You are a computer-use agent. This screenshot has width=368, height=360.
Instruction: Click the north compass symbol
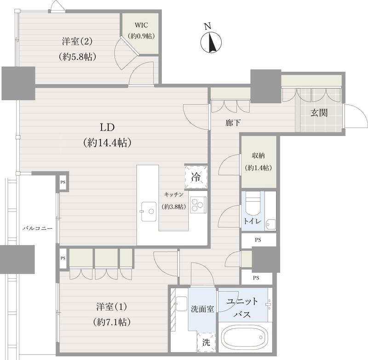click(211, 42)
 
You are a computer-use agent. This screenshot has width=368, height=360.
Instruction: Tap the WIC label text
click(141, 25)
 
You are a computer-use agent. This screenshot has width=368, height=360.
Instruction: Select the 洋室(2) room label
click(77, 41)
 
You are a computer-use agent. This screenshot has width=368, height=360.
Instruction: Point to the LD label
click(107, 127)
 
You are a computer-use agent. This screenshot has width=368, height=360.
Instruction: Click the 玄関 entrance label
click(319, 113)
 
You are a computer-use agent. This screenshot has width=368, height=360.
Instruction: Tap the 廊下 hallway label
click(233, 122)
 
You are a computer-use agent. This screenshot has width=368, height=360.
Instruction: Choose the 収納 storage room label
click(259, 155)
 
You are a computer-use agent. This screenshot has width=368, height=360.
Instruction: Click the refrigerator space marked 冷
click(196, 177)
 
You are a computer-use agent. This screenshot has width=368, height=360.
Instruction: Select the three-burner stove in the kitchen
click(198, 205)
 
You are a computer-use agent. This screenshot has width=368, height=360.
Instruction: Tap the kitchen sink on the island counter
click(149, 211)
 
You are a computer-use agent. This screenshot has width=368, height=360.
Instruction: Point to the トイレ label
click(252, 221)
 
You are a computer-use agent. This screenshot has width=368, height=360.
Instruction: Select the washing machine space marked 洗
click(206, 343)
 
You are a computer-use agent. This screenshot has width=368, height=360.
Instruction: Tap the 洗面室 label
click(202, 309)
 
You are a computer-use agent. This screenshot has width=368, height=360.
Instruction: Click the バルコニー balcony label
click(38, 228)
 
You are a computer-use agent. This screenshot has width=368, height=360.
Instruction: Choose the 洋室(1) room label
click(112, 307)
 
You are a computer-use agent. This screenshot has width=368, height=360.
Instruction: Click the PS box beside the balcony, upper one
click(63, 182)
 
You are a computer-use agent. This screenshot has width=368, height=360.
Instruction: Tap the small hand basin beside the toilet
click(270, 225)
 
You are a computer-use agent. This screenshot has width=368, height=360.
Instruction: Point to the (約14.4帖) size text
click(107, 143)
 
